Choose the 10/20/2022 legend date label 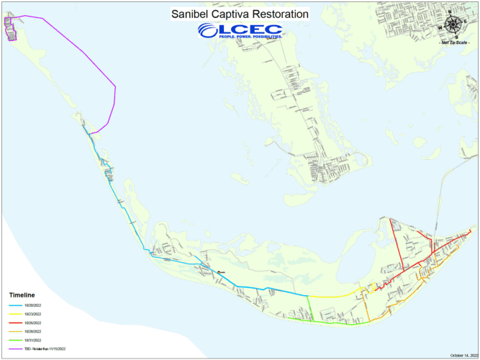pyautogui.click(x=32, y=306)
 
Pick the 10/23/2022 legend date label pyautogui.click(x=32, y=315)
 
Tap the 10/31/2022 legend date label pyautogui.click(x=32, y=340)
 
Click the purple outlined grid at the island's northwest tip pyautogui.click(x=10, y=29)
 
